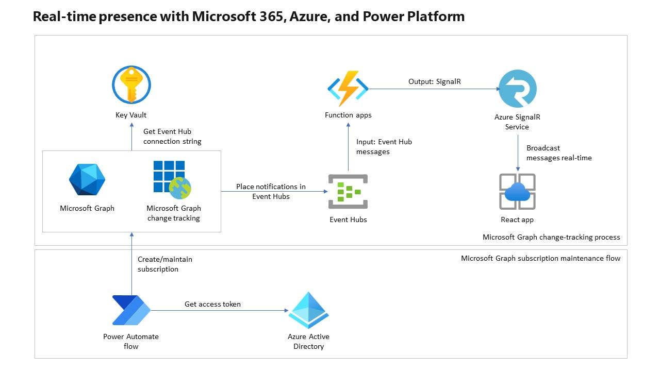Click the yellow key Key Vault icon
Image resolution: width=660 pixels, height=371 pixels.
coord(131,86)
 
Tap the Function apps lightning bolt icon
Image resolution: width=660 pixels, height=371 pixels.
coord(348,89)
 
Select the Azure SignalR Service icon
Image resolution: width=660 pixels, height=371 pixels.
coord(517,89)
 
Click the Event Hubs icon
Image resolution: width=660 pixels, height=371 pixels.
coord(348,192)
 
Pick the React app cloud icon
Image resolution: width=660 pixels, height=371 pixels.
coord(517,192)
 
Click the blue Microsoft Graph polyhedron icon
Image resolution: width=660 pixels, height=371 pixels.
coord(87,180)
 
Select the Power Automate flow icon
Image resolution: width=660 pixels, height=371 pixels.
coord(131,311)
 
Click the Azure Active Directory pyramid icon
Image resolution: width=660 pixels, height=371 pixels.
coord(308,311)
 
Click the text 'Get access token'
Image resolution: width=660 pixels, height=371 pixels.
coord(212,304)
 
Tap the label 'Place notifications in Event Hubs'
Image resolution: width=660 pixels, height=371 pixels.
coord(271,191)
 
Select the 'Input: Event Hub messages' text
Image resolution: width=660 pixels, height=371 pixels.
coord(384,147)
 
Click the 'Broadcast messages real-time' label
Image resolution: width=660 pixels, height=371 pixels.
coord(558,153)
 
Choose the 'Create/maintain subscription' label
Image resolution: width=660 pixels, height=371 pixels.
coord(164,264)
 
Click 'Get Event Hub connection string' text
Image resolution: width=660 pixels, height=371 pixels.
coord(172,137)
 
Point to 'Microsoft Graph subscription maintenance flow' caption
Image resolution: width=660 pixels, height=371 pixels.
coord(540,258)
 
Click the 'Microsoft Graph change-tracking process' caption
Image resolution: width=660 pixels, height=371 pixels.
coord(551,237)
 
